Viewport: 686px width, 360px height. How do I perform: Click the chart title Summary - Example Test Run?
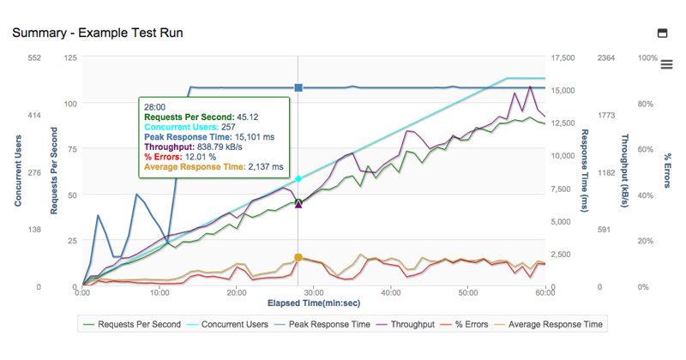(97, 33)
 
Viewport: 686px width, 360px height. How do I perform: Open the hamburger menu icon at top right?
(666, 65)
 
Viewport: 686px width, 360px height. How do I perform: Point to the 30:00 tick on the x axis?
(314, 292)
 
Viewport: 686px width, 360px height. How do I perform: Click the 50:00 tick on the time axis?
(468, 292)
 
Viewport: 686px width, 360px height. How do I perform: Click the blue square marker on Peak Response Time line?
(298, 87)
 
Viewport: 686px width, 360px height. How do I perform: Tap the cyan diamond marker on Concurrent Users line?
(298, 179)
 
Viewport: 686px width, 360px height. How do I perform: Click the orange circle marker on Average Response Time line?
(298, 257)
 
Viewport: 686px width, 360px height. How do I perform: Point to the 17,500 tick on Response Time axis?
(563, 58)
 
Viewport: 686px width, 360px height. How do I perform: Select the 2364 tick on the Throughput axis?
(606, 58)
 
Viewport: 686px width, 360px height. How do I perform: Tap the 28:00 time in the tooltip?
(155, 107)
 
